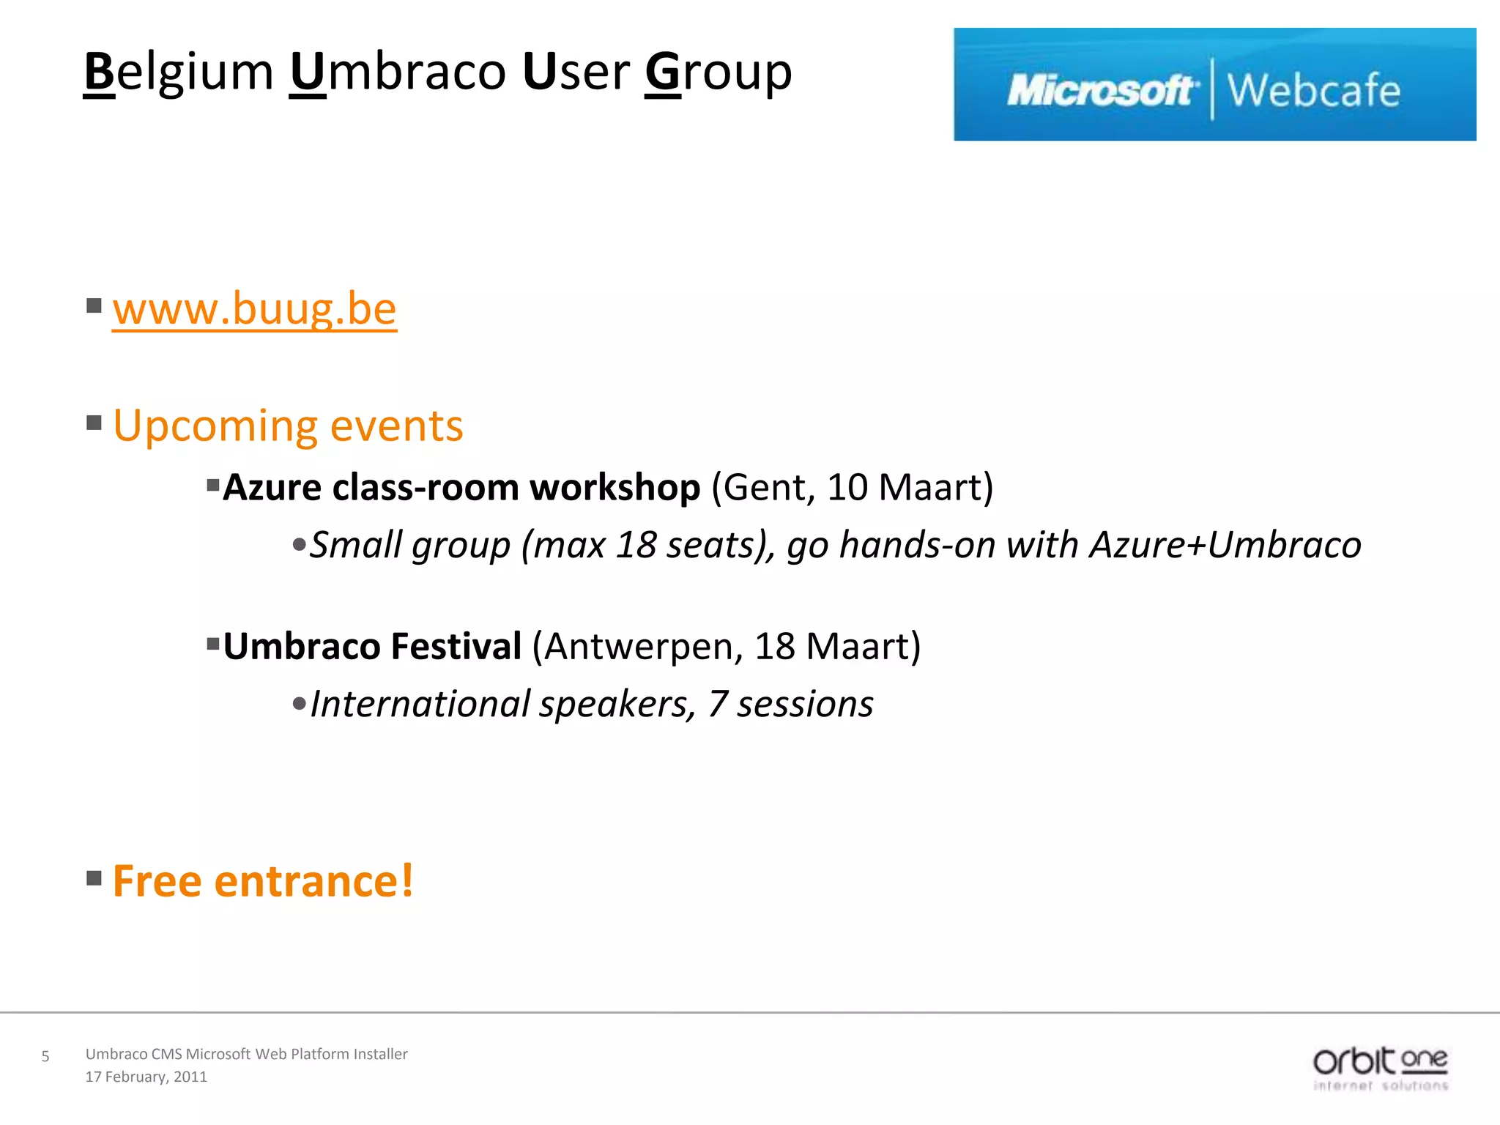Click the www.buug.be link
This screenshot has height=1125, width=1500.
coord(254,310)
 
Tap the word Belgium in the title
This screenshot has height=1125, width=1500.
coord(179,73)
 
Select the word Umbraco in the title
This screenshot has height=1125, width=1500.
coord(398,73)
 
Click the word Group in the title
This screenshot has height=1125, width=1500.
coord(718,73)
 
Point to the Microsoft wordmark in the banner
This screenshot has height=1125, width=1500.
coord(1101,91)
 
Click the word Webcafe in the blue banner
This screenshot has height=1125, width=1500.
coord(1313,91)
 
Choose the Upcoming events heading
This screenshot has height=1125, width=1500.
coord(288,426)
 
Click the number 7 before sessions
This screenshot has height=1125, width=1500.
coord(717,705)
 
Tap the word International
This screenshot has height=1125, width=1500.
coord(420,705)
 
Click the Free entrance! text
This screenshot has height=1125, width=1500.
coord(263,881)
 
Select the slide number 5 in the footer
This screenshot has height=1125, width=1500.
coord(45,1056)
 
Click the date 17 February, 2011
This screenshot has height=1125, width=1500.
coord(146,1077)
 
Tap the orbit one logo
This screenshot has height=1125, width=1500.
coord(1380,1068)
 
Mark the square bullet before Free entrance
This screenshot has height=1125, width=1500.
coord(94,877)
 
